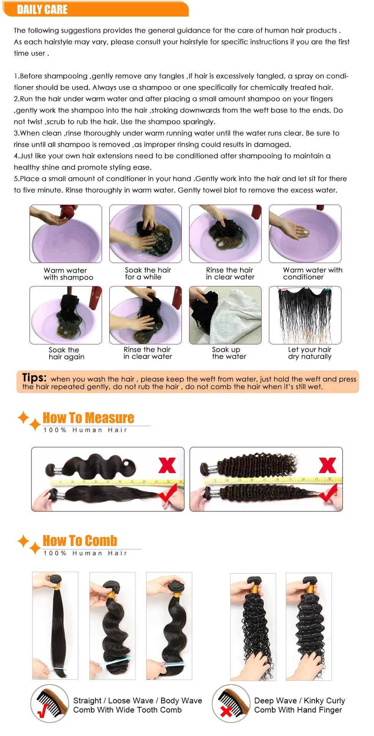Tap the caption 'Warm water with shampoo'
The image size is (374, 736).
(68, 274)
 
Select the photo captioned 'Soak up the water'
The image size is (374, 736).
(225, 315)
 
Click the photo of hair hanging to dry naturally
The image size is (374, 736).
(305, 315)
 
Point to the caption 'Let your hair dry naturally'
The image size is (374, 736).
(310, 353)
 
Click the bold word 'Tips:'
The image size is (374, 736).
(35, 377)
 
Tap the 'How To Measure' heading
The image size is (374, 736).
(88, 418)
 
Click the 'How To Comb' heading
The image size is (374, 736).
(80, 541)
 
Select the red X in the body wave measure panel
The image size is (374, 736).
(167, 465)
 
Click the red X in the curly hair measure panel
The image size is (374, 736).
(327, 465)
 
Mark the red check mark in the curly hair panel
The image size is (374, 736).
(328, 494)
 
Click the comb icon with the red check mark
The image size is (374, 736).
(49, 703)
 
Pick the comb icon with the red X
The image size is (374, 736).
(231, 703)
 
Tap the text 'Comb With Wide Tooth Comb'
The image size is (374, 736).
(127, 710)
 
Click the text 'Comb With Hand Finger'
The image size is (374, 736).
(298, 710)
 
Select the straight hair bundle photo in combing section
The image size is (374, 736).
(55, 625)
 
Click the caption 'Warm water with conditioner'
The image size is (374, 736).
(312, 273)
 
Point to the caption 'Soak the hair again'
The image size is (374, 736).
(66, 353)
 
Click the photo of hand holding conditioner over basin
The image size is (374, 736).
(305, 233)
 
